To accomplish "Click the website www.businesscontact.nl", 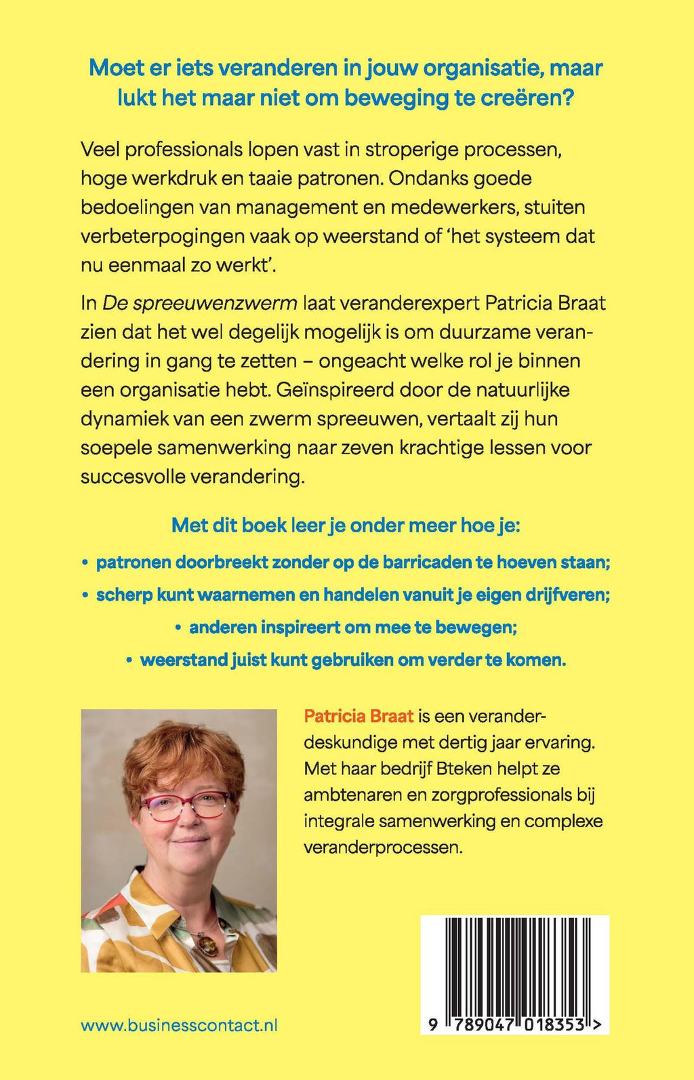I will pos(179,1026).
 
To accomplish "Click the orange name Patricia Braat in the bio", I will pos(359,716).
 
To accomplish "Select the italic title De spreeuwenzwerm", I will pos(199,302).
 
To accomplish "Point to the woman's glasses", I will pos(184,805).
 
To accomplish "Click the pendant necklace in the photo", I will pos(204,943).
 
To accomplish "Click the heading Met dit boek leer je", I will pos(346,525).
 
